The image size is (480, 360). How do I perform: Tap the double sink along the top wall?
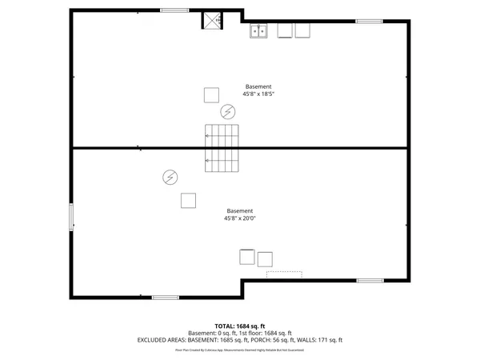click(258, 31)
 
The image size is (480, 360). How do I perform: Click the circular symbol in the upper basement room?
click(228, 111)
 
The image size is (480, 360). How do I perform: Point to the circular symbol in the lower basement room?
click(170, 177)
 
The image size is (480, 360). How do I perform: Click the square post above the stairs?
click(211, 94)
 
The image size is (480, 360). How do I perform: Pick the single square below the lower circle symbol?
click(189, 200)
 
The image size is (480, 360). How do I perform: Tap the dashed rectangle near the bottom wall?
click(284, 274)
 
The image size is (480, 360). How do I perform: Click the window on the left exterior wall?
click(71, 216)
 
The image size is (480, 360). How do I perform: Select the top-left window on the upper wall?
click(174, 10)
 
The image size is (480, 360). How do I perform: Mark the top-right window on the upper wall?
click(368, 21)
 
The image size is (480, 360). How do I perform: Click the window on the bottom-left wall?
click(166, 298)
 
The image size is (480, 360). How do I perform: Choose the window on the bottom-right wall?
click(370, 280)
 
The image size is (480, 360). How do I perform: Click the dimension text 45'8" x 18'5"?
click(258, 94)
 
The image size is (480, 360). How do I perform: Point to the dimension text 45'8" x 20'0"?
click(240, 218)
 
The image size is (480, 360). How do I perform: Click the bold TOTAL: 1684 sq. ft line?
click(240, 326)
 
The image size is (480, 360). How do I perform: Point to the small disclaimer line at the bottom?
click(240, 350)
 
